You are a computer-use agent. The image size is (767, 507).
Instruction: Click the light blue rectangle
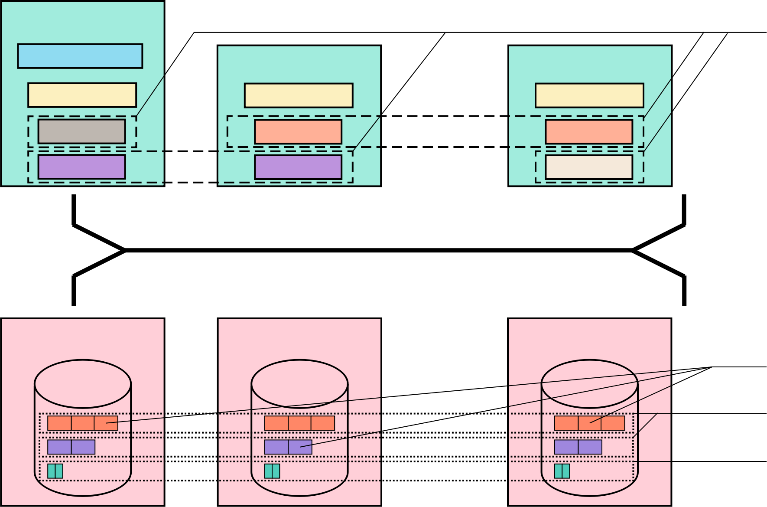(80, 56)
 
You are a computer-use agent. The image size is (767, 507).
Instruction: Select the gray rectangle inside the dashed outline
(81, 131)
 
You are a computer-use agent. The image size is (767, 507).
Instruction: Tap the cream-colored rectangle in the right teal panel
(589, 167)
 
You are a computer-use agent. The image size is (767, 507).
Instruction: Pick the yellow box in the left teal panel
(82, 95)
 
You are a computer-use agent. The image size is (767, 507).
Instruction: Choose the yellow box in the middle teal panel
(299, 95)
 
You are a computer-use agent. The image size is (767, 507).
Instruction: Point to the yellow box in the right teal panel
(589, 95)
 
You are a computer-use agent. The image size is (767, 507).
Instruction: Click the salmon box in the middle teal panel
(298, 132)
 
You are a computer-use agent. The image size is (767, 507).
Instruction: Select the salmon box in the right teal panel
(589, 132)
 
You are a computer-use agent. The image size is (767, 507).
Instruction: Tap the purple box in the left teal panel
(81, 167)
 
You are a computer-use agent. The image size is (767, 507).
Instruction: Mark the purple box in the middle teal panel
(298, 167)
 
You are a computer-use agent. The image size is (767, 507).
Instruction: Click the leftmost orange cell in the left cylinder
(59, 423)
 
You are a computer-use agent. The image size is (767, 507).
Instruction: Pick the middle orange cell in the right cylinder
(589, 423)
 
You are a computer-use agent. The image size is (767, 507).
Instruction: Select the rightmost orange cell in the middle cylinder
(323, 423)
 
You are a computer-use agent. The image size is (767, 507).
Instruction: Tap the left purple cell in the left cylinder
(59, 447)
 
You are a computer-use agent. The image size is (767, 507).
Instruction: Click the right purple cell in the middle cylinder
(300, 447)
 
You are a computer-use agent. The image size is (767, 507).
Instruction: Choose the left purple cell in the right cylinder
(566, 447)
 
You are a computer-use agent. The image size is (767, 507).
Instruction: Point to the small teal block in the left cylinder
(55, 471)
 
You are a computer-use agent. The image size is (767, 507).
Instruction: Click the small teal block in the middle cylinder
(272, 471)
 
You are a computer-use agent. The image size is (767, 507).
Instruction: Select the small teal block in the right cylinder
(562, 471)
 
